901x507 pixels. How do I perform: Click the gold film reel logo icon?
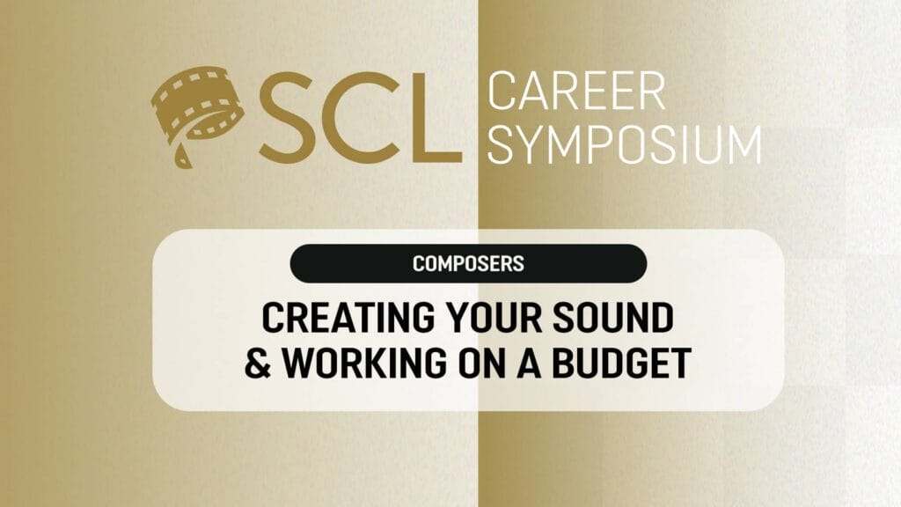(x=196, y=113)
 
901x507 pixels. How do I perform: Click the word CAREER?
(x=576, y=91)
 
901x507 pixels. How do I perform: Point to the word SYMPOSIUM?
(x=625, y=145)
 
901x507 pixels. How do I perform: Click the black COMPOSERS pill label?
(x=468, y=263)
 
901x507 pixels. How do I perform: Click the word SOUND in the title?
(x=613, y=317)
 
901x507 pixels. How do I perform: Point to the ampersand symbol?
(x=258, y=364)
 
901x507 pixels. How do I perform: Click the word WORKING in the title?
(x=365, y=364)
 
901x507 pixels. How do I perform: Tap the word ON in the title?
(x=481, y=364)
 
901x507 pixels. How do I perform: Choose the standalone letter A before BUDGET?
(x=529, y=364)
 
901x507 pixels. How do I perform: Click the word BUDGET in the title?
(x=622, y=364)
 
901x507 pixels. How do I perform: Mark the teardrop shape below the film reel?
(x=181, y=157)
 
